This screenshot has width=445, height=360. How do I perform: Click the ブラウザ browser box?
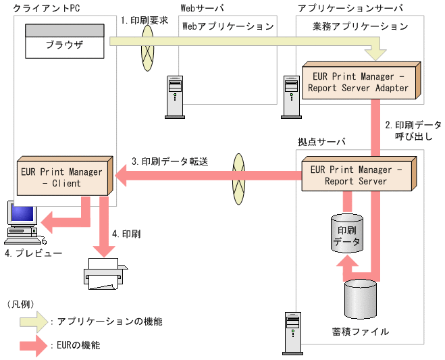[x=65, y=41]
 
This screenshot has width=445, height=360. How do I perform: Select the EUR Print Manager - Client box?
[x=65, y=176]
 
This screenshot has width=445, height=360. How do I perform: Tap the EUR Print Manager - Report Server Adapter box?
[x=361, y=80]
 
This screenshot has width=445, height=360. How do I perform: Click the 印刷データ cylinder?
[x=347, y=234]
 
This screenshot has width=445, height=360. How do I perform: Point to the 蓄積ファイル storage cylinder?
[x=361, y=299]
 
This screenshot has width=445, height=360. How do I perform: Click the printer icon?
[x=105, y=274]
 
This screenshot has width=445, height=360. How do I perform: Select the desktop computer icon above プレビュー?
[x=24, y=223]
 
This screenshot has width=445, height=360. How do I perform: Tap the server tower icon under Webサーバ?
[x=175, y=97]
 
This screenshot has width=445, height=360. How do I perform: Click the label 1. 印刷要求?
[x=145, y=20]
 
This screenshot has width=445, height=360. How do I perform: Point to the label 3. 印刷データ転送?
[x=169, y=161]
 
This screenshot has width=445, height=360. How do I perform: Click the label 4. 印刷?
[x=126, y=234]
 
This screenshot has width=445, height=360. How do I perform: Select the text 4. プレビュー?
[x=34, y=253]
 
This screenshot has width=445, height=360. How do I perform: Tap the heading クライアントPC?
[x=47, y=8]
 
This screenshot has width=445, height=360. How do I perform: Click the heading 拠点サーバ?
[x=321, y=142]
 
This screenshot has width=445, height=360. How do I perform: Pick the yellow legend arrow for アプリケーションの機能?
[x=34, y=322]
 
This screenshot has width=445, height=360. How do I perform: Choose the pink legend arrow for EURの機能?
[x=34, y=346]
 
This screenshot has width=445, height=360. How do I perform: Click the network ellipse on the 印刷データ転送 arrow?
[x=238, y=179]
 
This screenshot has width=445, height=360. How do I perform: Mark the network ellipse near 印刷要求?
[x=148, y=48]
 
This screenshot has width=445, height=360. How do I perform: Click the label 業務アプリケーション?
[x=361, y=26]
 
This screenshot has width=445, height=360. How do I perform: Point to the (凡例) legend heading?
[x=20, y=305]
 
